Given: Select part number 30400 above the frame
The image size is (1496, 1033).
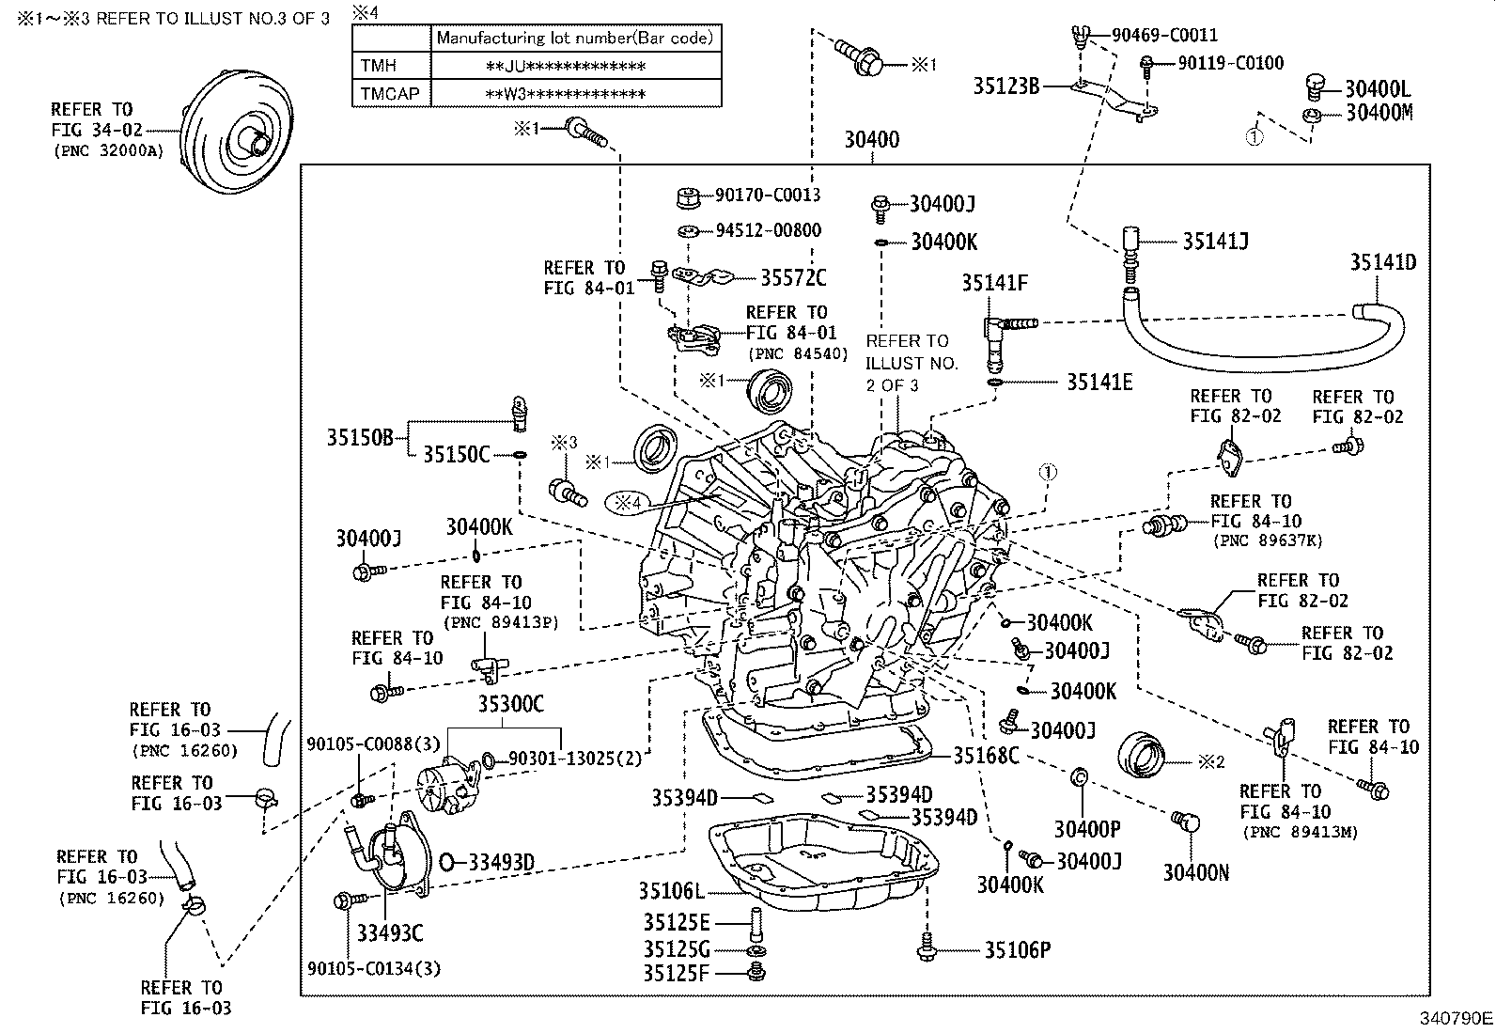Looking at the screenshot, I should [871, 140].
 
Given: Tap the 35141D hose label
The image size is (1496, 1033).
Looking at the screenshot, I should [1382, 262].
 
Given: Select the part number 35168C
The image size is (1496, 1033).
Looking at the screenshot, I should [986, 755].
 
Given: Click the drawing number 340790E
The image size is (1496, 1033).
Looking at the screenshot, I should [1456, 1018].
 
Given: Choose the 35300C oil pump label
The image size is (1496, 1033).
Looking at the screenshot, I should [510, 704].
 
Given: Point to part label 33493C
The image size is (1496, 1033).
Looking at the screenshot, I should [390, 932].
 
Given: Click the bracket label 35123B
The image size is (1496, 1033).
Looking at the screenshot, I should [1005, 86].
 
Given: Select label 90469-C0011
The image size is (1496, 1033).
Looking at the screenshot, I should [1164, 36].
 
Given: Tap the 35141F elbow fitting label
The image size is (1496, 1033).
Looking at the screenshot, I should [994, 282].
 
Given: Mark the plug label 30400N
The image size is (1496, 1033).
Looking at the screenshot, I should [1195, 872].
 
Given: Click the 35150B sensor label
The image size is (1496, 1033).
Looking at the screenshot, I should [360, 437].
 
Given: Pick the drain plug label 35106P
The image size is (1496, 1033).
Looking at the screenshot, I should [1017, 950].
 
